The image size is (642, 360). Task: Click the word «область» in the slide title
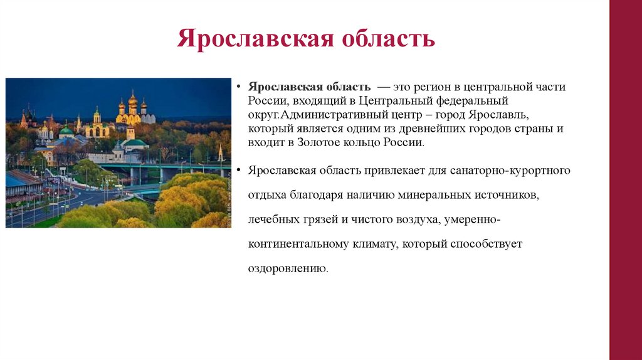(x=388, y=38)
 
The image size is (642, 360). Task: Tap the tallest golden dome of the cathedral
(x=132, y=99)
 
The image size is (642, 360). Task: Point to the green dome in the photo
(x=66, y=130)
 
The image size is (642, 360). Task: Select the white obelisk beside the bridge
(x=220, y=153)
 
